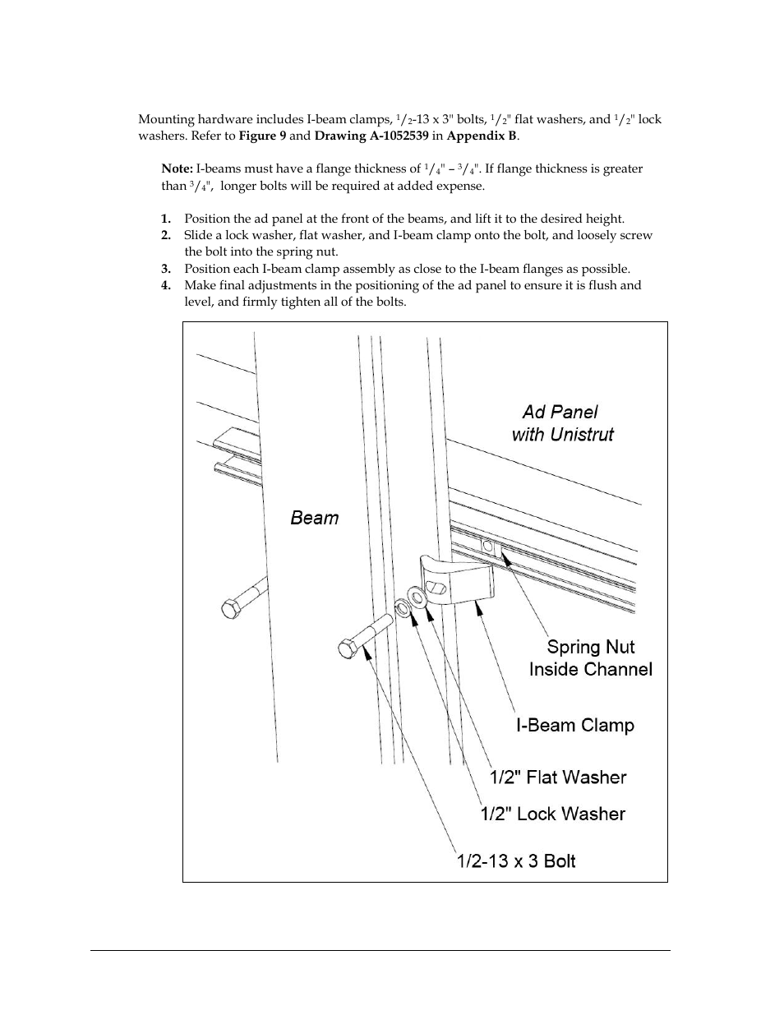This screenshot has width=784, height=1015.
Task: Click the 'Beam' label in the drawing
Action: (314, 518)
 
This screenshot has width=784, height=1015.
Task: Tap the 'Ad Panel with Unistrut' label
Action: (562, 423)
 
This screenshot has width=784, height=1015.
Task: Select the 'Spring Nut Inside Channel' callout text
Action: (590, 658)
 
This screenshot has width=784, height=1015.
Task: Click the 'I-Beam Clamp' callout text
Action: (575, 726)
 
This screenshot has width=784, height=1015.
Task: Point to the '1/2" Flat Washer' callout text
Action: (558, 777)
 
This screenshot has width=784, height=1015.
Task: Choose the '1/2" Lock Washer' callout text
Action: (553, 814)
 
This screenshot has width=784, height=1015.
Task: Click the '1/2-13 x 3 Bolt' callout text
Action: (516, 861)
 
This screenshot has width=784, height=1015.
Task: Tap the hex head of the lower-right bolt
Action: (347, 649)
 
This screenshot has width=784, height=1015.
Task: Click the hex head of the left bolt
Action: (231, 608)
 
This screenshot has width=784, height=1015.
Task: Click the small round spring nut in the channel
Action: (487, 546)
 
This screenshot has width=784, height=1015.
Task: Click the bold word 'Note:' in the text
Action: (177, 168)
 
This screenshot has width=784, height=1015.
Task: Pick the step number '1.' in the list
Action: (166, 219)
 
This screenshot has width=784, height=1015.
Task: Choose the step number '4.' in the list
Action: (166, 285)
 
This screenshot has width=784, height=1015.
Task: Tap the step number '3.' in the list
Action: (166, 269)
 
